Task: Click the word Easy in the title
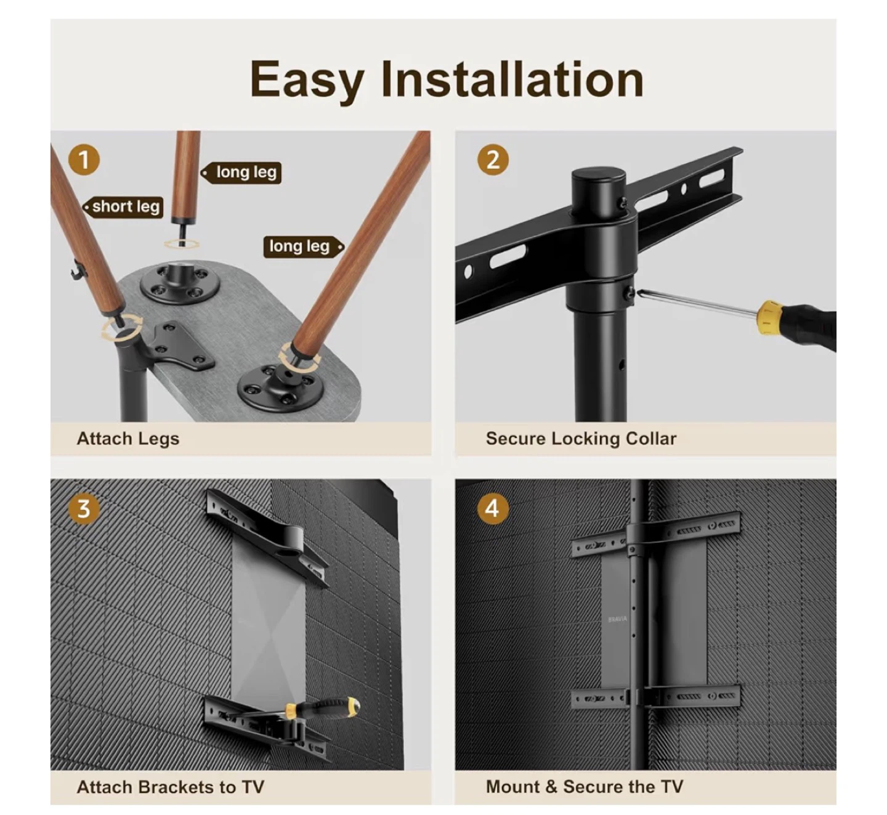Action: coord(307,81)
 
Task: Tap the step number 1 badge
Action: coord(84,160)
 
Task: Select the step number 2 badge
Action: coord(493,160)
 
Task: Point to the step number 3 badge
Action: coord(84,509)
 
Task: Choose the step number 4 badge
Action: coord(493,509)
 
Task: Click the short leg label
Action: coord(123,207)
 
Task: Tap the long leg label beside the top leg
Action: coord(241,172)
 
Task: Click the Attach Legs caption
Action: coord(128,439)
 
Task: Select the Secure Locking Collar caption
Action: coord(581,439)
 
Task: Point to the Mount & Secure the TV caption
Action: coord(585,787)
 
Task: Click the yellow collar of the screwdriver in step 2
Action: coord(769,317)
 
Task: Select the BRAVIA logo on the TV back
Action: coord(617,619)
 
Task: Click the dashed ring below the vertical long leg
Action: coord(182,244)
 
